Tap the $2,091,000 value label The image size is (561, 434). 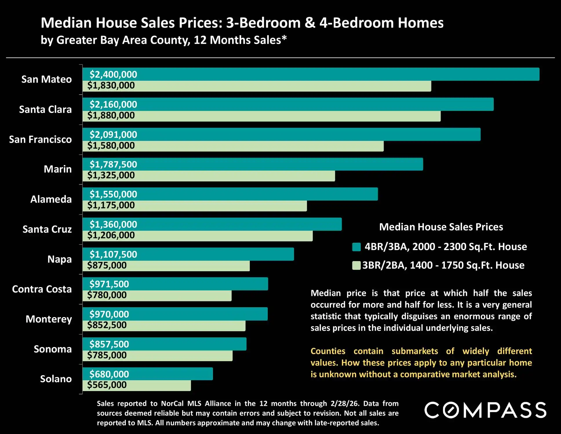[x=113, y=135]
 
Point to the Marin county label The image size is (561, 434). [x=58, y=169]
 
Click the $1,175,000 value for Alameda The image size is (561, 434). [x=111, y=205]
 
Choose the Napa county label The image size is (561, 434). [x=59, y=259]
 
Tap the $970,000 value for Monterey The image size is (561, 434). [x=109, y=314]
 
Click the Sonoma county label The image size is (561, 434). [x=53, y=349]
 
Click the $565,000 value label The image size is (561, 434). [x=107, y=385]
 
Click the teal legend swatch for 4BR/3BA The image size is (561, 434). [x=356, y=247]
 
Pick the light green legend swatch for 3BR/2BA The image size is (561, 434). [x=356, y=265]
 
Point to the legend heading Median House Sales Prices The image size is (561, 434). [x=441, y=227]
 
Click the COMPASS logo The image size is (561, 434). [x=485, y=410]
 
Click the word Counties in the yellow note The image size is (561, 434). [x=328, y=351]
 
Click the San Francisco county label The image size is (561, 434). [x=40, y=140]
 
